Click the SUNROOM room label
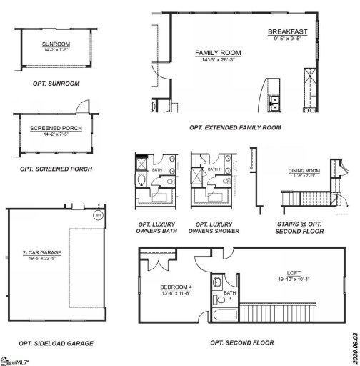pyautogui.click(x=54, y=44)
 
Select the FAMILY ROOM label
pyautogui.click(x=218, y=53)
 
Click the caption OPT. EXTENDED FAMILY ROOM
pyautogui.click(x=235, y=127)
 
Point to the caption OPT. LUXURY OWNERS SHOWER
pyautogui.click(x=214, y=228)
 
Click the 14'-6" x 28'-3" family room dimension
pyautogui.click(x=218, y=61)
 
